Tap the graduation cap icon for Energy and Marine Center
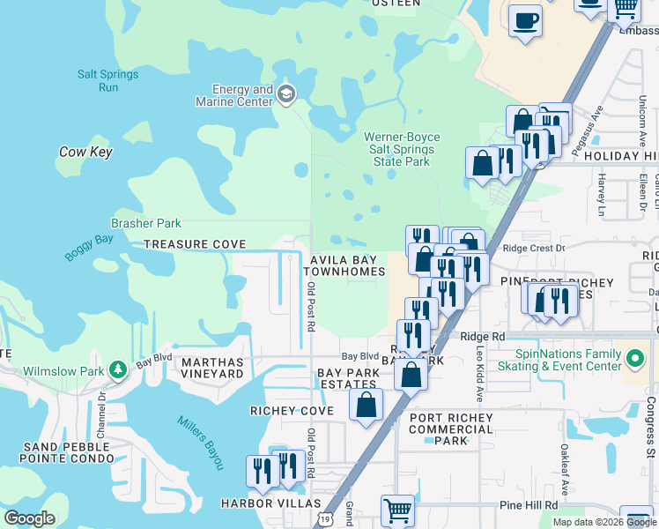286,94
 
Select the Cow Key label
85,152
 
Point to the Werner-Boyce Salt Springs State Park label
402,149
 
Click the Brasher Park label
145,224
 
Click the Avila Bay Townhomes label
348,266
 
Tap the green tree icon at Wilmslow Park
116,370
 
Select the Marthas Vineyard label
211,368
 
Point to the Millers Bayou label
202,442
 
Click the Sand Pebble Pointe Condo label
69,451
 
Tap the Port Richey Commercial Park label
451,429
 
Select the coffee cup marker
526,20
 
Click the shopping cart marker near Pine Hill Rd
397,510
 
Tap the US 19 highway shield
326,521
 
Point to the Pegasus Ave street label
596,128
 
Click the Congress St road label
651,439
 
